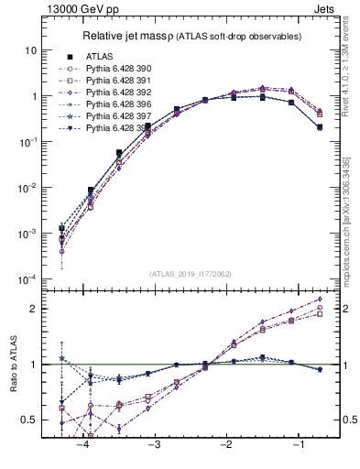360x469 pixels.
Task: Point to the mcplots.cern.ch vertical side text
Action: pyautogui.click(x=353, y=220)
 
